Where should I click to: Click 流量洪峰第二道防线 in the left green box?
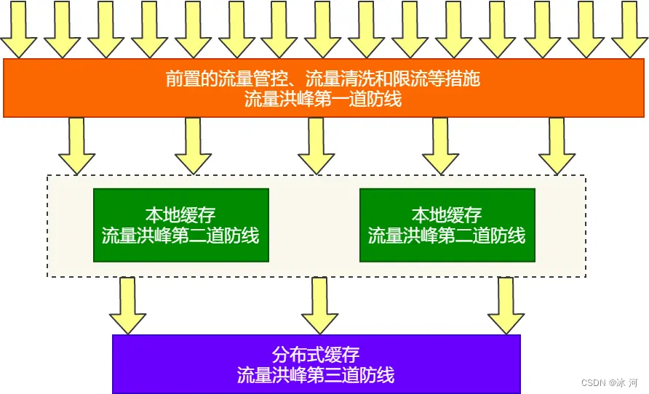pos(180,236)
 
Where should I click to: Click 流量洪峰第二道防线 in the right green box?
pos(447,236)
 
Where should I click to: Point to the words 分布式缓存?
pos(316,355)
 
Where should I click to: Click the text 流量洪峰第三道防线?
pos(316,375)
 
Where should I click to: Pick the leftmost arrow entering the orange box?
pos(18,29)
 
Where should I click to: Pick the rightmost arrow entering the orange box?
pos(629,29)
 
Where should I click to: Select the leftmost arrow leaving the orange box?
pos(76,145)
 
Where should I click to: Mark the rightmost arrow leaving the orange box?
pos(557,145)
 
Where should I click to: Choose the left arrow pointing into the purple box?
pos(127,305)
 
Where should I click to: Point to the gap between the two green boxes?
pos(314,225)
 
